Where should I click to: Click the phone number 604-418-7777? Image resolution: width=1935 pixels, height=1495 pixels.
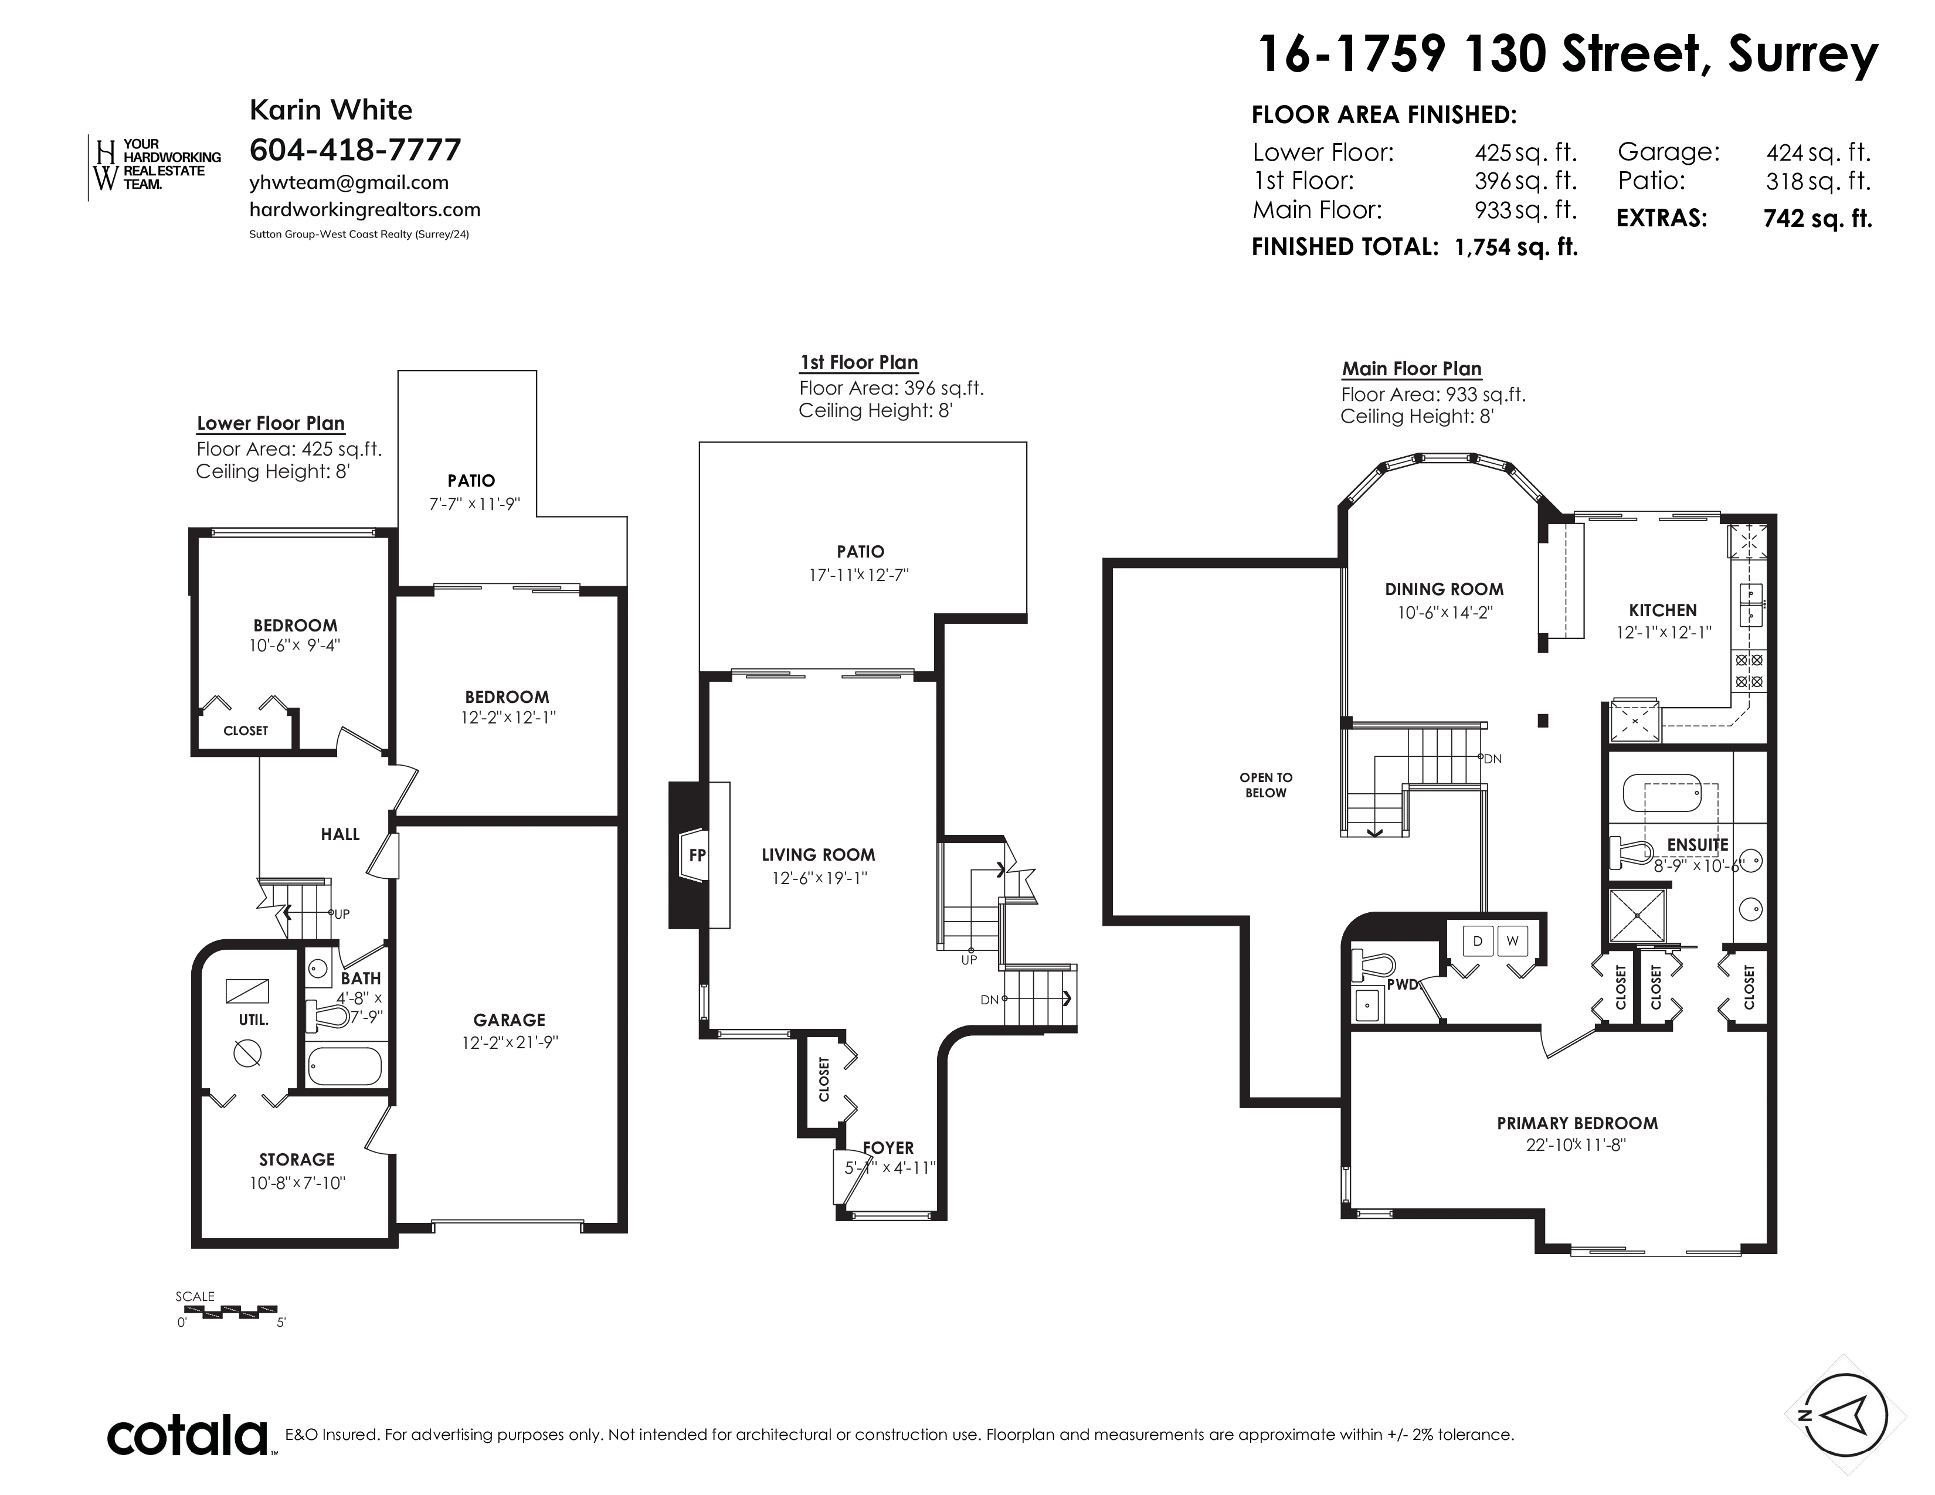(x=355, y=149)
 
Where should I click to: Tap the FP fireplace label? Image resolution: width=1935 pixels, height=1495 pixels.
(x=697, y=855)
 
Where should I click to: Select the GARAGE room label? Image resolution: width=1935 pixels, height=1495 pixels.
(x=510, y=1020)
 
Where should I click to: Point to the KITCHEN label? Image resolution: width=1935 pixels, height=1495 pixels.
(x=1663, y=610)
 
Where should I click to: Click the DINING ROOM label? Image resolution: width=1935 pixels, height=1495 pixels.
(x=1444, y=589)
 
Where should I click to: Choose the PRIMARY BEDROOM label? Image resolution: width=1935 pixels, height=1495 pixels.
(x=1577, y=1123)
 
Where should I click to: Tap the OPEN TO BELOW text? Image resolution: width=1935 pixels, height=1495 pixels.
(x=1266, y=784)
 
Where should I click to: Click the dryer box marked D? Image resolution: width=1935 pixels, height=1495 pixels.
(x=1478, y=940)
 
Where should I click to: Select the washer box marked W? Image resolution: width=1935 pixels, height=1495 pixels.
(x=1512, y=940)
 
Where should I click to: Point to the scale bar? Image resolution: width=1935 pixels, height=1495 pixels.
(x=228, y=1311)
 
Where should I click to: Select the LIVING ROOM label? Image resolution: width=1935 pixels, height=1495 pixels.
(x=818, y=855)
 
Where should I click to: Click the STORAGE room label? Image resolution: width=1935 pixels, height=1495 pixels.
(x=297, y=1159)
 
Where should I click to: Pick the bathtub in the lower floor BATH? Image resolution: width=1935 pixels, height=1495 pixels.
(x=345, y=1066)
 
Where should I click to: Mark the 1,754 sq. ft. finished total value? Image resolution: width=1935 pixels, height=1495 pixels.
(x=1516, y=247)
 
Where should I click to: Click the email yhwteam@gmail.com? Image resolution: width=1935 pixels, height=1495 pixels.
(x=349, y=182)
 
